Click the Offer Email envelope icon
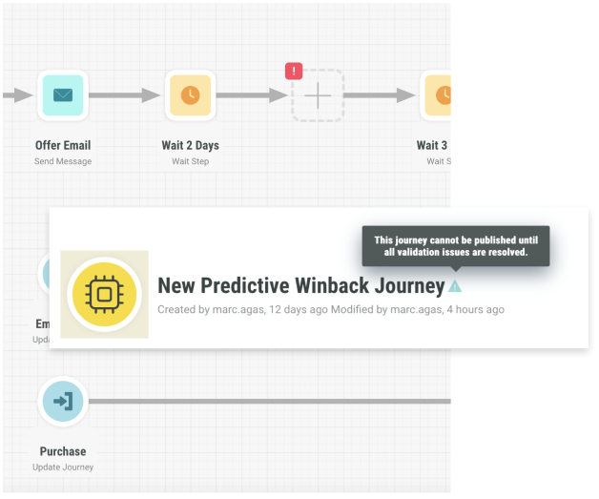[x=63, y=94]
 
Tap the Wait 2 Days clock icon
[x=191, y=94]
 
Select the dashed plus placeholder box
[x=318, y=95]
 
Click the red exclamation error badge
[x=294, y=71]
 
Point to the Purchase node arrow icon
[x=63, y=402]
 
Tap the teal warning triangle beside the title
[x=455, y=285]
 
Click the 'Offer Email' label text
[x=63, y=146]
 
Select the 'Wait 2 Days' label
[x=191, y=146]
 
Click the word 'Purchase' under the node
[x=63, y=451]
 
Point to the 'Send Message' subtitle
[x=63, y=161]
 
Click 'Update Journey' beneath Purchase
[x=63, y=467]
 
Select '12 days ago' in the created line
[x=298, y=309]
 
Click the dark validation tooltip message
[x=456, y=246]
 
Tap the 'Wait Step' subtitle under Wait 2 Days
[x=191, y=161]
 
